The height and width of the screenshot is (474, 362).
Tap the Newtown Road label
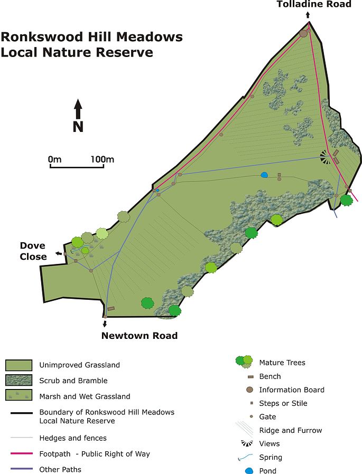pyautogui.click(x=140, y=335)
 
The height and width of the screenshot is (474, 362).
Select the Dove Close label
pyautogui.click(x=33, y=251)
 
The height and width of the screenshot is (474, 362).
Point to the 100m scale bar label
pyautogui.click(x=102, y=159)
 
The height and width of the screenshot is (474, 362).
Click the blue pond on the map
pyautogui.click(x=264, y=175)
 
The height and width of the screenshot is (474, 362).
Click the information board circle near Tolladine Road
pyautogui.click(x=303, y=33)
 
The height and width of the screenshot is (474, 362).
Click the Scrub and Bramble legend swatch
pyautogui.click(x=19, y=381)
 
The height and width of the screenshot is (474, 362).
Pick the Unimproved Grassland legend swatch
pyautogui.click(x=19, y=365)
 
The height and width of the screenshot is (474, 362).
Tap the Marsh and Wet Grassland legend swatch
pyautogui.click(x=19, y=396)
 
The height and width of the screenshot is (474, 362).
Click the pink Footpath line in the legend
pyautogui.click(x=19, y=454)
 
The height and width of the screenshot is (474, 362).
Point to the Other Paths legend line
pyautogui.click(x=19, y=469)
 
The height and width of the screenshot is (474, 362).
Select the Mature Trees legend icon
pyautogui.click(x=244, y=362)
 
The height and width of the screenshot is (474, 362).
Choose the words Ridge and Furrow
pyautogui.click(x=290, y=430)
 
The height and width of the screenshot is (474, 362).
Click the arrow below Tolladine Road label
pyautogui.click(x=308, y=16)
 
